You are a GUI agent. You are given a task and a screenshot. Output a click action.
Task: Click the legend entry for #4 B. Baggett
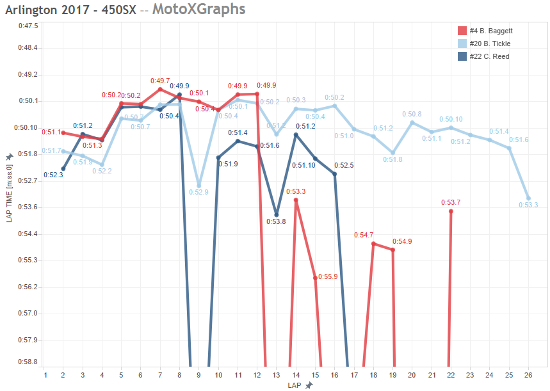click(490, 31)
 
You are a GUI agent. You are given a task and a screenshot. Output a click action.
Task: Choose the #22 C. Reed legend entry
click(488, 56)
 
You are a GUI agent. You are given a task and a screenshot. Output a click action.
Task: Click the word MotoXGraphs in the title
click(198, 10)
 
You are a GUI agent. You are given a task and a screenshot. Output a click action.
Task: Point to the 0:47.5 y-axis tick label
click(28, 26)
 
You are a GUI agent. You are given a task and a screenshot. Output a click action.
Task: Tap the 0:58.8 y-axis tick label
click(28, 362)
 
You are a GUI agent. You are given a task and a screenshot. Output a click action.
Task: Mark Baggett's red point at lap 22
click(451, 211)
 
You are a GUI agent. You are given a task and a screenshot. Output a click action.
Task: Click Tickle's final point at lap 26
click(528, 198)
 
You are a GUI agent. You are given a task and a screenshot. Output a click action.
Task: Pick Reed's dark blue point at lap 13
click(277, 215)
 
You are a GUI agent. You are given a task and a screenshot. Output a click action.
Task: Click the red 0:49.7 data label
click(160, 81)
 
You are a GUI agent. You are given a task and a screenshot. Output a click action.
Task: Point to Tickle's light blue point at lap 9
click(199, 185)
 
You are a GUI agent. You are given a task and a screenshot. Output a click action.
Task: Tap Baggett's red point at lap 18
click(373, 244)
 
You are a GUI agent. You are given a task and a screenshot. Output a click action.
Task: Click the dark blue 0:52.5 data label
click(344, 165)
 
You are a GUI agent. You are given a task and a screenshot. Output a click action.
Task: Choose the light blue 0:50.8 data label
click(412, 114)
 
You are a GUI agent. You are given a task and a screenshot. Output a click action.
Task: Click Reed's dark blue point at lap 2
click(63, 169)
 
